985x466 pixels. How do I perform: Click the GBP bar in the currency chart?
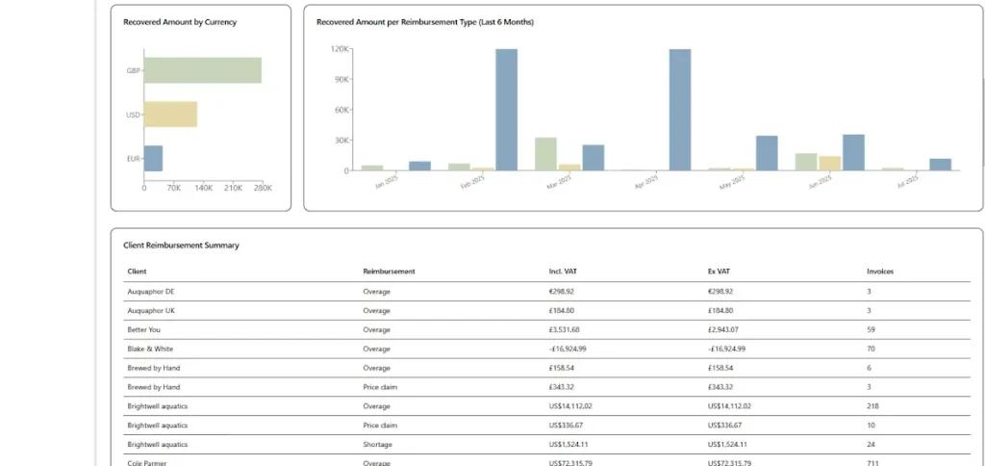[202, 70]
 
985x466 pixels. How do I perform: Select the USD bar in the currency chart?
[170, 115]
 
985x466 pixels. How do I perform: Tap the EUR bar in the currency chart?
[153, 158]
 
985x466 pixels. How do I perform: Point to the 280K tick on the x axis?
[263, 188]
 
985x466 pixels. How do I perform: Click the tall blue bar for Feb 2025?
[506, 110]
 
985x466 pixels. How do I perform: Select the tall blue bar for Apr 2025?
[680, 110]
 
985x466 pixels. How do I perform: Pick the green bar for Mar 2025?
[545, 154]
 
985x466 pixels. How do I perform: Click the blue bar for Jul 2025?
[940, 165]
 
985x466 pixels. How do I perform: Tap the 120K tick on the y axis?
[340, 49]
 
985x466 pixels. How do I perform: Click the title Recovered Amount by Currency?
[180, 21]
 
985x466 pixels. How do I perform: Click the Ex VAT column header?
[719, 272]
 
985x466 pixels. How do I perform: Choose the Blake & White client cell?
[150, 349]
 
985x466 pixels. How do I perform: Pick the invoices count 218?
[872, 406]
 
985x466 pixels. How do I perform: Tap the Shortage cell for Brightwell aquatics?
[378, 445]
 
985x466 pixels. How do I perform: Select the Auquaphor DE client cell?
[151, 291]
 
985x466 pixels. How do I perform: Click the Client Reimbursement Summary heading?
[183, 246]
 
